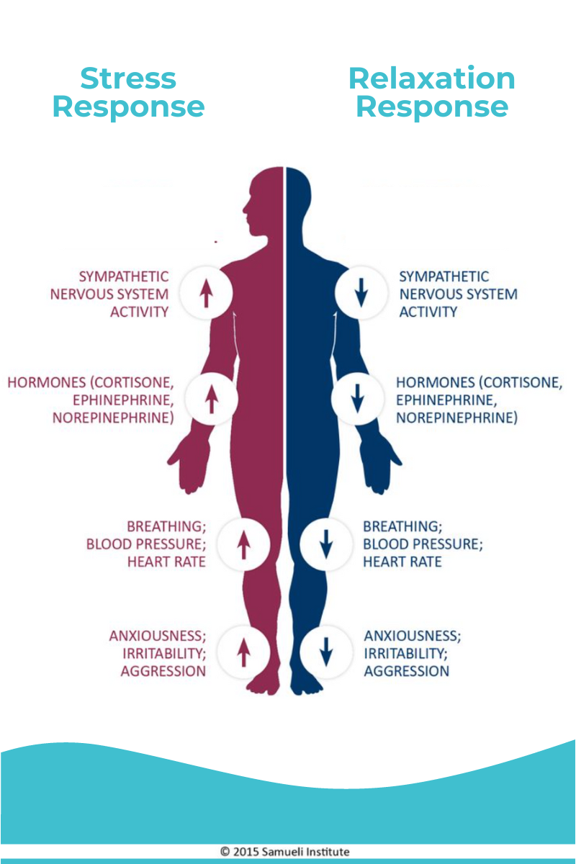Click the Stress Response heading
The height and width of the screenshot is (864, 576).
[x=128, y=93]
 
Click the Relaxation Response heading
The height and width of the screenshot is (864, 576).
[x=432, y=93]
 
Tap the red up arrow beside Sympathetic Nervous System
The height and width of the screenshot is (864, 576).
[x=206, y=293]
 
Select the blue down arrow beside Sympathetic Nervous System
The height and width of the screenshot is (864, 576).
[x=361, y=293]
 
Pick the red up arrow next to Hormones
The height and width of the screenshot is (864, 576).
[x=211, y=398]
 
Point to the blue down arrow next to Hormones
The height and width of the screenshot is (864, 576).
[x=356, y=398]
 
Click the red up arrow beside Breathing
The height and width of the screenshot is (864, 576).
[x=243, y=544]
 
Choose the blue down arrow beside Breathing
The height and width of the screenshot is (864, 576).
[x=325, y=544]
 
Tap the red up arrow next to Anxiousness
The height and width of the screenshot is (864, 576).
[x=243, y=652]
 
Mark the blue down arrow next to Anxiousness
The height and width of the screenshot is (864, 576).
[x=325, y=652]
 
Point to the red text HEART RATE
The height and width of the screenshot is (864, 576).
[x=166, y=562]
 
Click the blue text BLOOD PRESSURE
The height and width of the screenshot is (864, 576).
[x=422, y=544]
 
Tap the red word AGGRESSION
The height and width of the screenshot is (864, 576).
[x=163, y=671]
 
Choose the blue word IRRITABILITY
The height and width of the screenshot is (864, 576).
[x=405, y=654]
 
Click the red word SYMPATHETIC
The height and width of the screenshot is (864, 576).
[x=124, y=276]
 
